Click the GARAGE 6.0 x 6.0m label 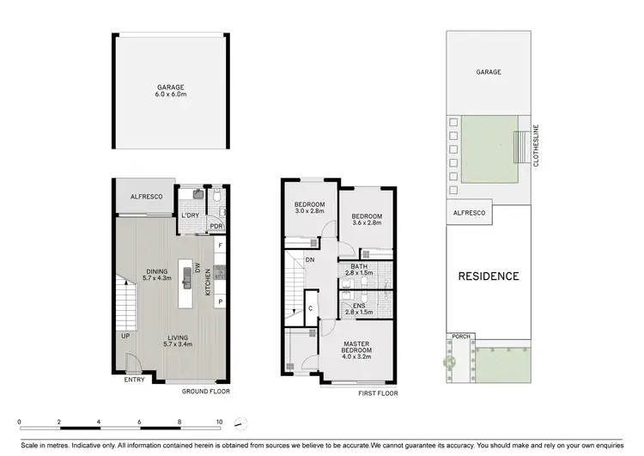170,91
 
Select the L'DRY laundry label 191,215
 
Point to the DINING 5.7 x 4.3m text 158,274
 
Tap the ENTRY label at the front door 134,380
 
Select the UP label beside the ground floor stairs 126,337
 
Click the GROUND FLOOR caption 204,392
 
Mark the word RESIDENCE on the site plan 488,277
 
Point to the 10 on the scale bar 220,423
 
